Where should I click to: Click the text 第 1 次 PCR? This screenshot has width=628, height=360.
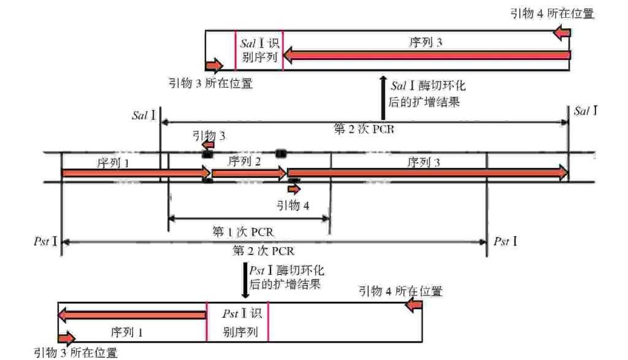[243, 231]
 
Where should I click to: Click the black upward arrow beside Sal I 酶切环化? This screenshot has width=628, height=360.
[383, 98]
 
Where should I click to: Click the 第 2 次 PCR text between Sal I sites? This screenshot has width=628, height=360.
[364, 130]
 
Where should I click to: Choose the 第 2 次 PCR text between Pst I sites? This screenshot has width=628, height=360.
[263, 251]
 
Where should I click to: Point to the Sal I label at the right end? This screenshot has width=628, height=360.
[585, 112]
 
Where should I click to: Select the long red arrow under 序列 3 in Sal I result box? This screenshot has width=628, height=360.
[426, 56]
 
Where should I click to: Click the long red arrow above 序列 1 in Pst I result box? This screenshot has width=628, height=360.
[132, 315]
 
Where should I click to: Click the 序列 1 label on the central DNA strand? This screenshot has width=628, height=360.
[114, 163]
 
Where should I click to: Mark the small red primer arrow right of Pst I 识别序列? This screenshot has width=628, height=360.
[415, 305]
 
